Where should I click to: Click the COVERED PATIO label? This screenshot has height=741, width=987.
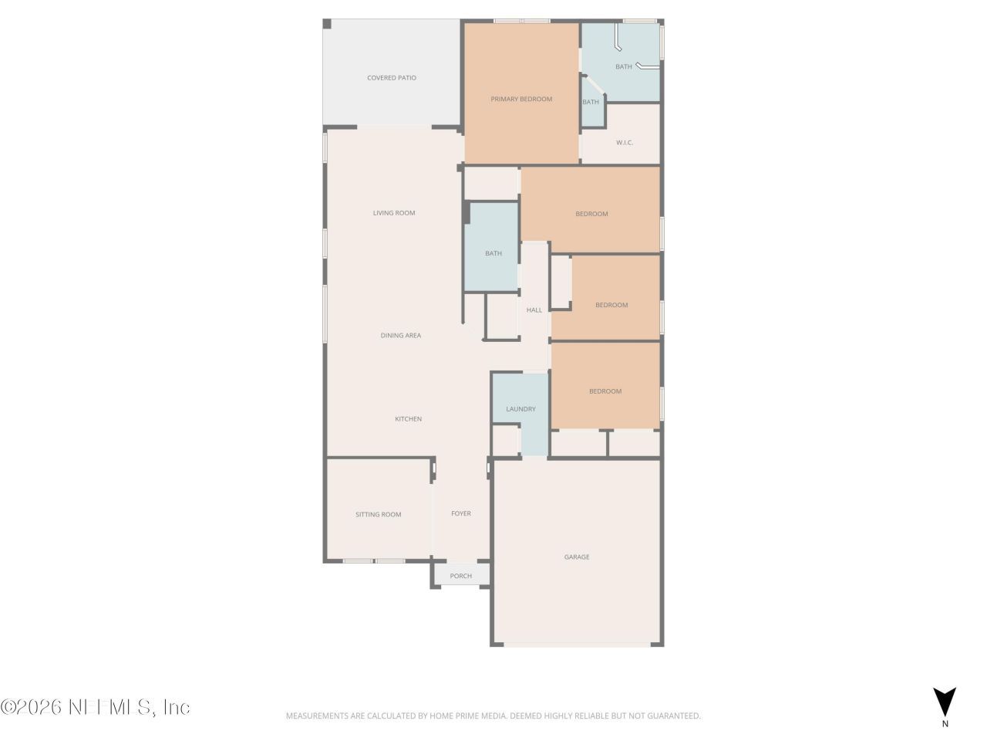point(392,78)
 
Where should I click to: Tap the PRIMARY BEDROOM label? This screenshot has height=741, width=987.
point(521,99)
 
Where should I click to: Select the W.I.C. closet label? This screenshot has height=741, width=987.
point(625,143)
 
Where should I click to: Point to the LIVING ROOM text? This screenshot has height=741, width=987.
point(394,213)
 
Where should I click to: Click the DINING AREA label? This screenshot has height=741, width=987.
point(401,336)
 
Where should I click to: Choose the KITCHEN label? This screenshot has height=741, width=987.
point(409,419)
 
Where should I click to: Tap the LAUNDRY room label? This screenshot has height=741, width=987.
point(520,409)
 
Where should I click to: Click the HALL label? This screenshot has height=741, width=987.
point(534,310)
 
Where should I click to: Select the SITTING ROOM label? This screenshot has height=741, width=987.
point(379,515)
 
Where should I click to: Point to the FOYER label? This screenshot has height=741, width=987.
point(461,514)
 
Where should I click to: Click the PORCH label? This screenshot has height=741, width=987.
point(461,577)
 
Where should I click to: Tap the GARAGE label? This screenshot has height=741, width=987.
point(577,557)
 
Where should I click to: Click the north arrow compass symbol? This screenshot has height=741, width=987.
point(945,702)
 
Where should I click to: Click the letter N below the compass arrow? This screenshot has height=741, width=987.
point(945,724)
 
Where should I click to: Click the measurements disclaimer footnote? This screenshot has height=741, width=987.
point(493,716)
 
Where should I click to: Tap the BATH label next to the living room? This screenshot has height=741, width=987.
point(493,254)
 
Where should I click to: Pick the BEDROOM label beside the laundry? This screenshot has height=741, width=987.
point(605,391)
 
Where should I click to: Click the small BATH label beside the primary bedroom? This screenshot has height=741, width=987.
point(591,103)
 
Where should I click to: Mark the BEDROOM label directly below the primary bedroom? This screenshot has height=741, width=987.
point(591,214)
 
